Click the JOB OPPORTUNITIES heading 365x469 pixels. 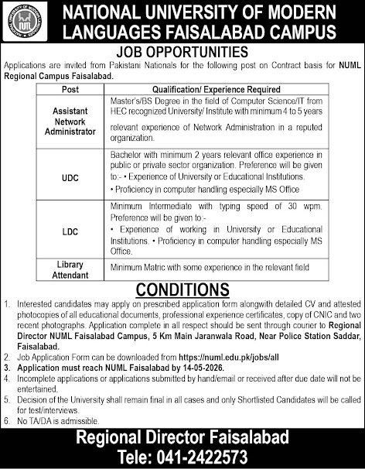[x=182, y=52]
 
